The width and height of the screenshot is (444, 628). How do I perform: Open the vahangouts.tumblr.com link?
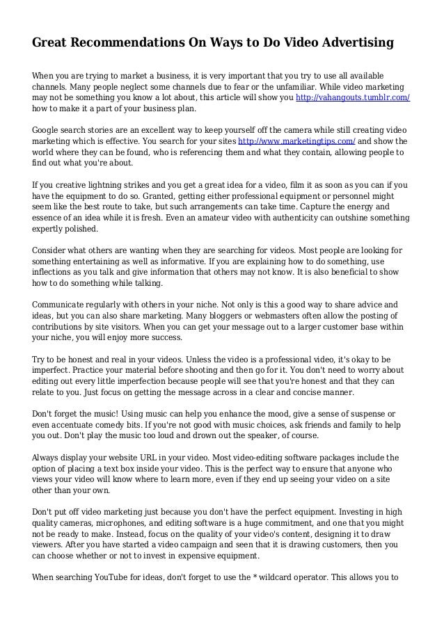tap(353, 98)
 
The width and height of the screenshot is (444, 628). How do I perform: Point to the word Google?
tap(48, 130)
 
